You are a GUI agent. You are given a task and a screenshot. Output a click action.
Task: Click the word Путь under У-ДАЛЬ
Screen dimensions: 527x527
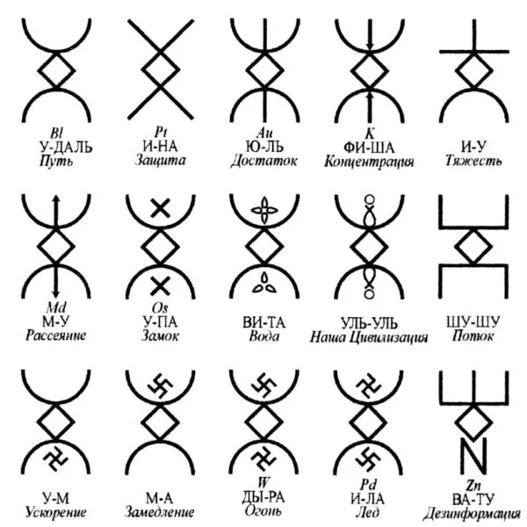(x=56, y=161)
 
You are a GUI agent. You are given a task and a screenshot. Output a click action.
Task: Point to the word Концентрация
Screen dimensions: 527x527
(x=368, y=162)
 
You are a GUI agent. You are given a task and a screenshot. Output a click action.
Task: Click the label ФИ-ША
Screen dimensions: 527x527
(x=368, y=147)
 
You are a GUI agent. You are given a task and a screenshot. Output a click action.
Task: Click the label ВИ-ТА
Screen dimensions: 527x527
(x=264, y=321)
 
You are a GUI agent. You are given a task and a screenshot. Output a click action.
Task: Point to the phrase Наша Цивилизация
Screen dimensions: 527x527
(x=368, y=336)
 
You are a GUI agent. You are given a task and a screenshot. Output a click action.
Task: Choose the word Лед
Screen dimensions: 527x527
(x=368, y=510)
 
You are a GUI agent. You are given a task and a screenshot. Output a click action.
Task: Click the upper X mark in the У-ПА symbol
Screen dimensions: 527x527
(x=160, y=208)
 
